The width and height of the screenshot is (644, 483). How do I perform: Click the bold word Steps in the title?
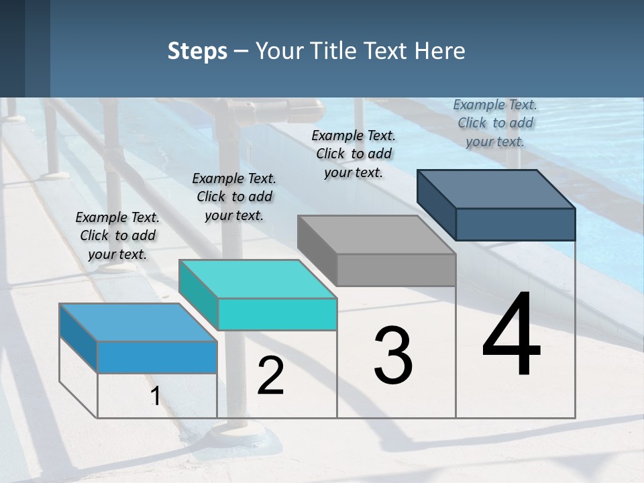(x=197, y=51)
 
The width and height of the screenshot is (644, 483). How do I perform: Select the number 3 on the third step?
(x=393, y=356)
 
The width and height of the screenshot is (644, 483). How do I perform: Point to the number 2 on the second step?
(x=271, y=376)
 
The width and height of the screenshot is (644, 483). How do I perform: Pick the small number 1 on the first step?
(x=155, y=396)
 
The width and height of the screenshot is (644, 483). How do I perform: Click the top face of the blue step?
(x=138, y=323)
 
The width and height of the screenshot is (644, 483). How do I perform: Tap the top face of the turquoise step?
(x=258, y=279)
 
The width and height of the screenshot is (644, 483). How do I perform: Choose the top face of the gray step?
(x=376, y=235)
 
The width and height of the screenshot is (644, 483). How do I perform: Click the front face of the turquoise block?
(x=277, y=314)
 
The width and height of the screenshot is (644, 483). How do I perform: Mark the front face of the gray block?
(x=396, y=270)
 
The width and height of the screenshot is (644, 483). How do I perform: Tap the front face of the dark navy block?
(x=515, y=224)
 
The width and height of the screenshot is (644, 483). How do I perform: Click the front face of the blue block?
(x=157, y=357)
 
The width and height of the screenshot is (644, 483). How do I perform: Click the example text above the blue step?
(x=117, y=235)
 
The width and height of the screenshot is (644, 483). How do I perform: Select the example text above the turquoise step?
(x=234, y=197)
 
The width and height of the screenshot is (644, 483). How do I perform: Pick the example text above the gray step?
(x=354, y=154)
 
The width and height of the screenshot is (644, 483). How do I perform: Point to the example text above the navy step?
(x=495, y=123)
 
